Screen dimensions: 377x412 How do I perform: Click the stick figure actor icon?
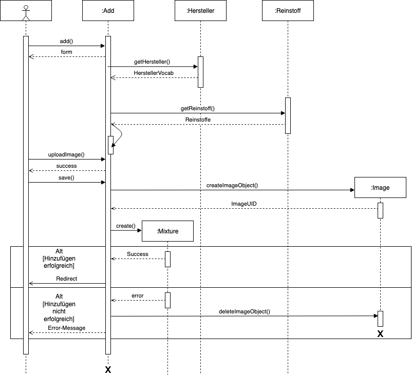coord(26,10)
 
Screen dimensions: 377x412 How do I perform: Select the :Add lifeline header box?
coord(108,10)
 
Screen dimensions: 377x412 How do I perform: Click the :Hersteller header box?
coord(200,10)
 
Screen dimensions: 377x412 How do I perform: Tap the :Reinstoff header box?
coord(288,10)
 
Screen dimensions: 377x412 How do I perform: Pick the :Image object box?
coord(380,188)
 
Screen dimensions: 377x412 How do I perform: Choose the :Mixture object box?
coord(167,231)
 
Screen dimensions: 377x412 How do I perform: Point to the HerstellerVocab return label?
coord(154,73)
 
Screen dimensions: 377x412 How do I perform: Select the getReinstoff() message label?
coord(198,108)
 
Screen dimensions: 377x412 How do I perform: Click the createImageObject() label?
coord(232,185)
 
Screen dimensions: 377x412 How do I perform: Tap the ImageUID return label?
coord(244,204)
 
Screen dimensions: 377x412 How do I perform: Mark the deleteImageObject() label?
coord(244,311)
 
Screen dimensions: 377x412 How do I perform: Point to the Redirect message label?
coord(66,279)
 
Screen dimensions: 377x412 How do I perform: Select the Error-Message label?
coord(67,328)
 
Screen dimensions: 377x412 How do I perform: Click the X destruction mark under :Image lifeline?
coord(380,334)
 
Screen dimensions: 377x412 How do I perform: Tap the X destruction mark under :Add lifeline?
coord(108,370)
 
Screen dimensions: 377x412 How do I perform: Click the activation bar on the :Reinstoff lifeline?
coord(288,115)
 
